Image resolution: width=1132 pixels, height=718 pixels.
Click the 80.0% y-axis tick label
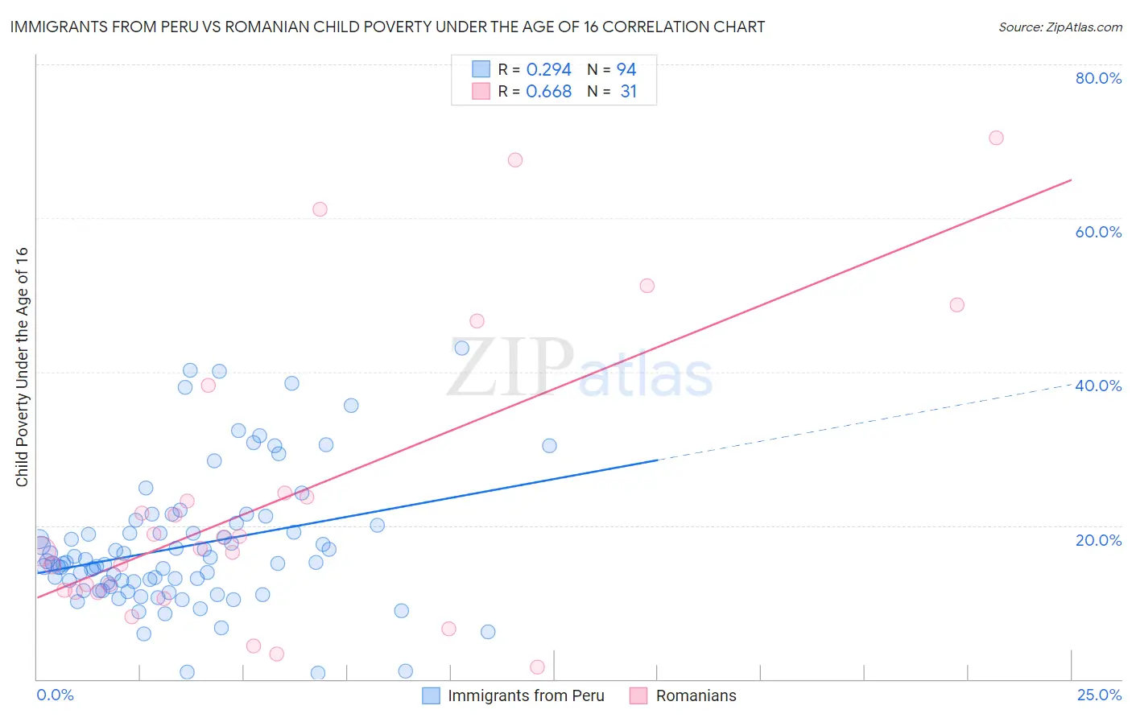tap(1098, 78)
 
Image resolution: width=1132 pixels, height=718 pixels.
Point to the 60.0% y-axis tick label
tap(1098, 232)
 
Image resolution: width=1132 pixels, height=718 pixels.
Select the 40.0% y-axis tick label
tap(1098, 386)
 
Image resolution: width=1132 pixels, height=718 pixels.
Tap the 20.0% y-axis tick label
tap(1098, 539)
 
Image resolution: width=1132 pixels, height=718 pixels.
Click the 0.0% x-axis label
tap(55, 695)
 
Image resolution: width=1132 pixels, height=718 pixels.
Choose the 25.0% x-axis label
tap(1099, 695)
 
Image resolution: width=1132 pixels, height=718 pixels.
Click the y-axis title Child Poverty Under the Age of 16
tap(22, 366)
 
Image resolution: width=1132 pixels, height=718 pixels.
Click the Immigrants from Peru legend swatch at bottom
tap(432, 695)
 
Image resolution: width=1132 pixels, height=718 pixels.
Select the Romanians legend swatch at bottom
tap(638, 695)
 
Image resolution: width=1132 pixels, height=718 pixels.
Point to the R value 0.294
tap(548, 70)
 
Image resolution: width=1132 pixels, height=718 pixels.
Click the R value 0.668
tap(548, 92)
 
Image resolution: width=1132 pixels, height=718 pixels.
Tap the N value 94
tap(626, 70)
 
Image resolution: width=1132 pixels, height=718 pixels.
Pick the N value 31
tap(628, 92)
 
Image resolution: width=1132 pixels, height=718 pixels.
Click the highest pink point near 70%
tap(996, 138)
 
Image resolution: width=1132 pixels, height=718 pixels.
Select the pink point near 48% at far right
tap(956, 305)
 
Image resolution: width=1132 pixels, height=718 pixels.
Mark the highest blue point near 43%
tap(461, 349)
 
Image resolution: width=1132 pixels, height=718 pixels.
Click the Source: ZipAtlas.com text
tap(1060, 27)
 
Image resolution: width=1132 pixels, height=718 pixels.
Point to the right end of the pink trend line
tap(1071, 179)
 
